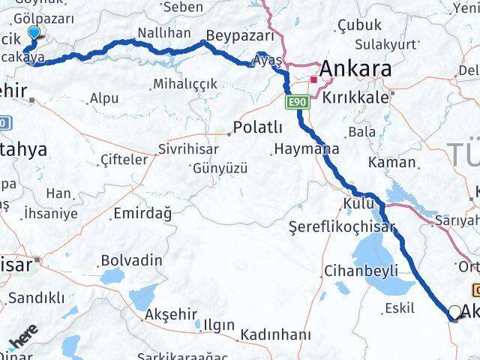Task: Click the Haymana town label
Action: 306,148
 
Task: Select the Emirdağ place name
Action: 142,214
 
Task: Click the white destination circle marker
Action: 455,312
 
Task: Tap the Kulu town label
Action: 355,203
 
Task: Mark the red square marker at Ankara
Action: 313,79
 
